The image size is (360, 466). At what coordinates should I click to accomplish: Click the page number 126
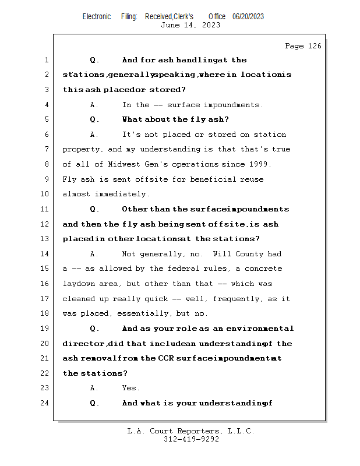click(x=315, y=46)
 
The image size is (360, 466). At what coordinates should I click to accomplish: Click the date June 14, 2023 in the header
click(x=183, y=25)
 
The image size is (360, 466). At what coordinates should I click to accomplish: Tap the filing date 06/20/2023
click(x=248, y=16)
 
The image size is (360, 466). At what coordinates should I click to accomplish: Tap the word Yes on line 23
click(x=130, y=388)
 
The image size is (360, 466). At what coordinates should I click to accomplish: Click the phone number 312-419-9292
click(x=191, y=440)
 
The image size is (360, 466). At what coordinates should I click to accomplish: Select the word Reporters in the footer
click(x=190, y=432)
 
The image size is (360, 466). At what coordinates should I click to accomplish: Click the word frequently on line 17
click(x=238, y=299)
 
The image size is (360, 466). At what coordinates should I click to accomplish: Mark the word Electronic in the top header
click(x=97, y=16)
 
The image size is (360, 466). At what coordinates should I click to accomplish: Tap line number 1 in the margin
click(x=45, y=60)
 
